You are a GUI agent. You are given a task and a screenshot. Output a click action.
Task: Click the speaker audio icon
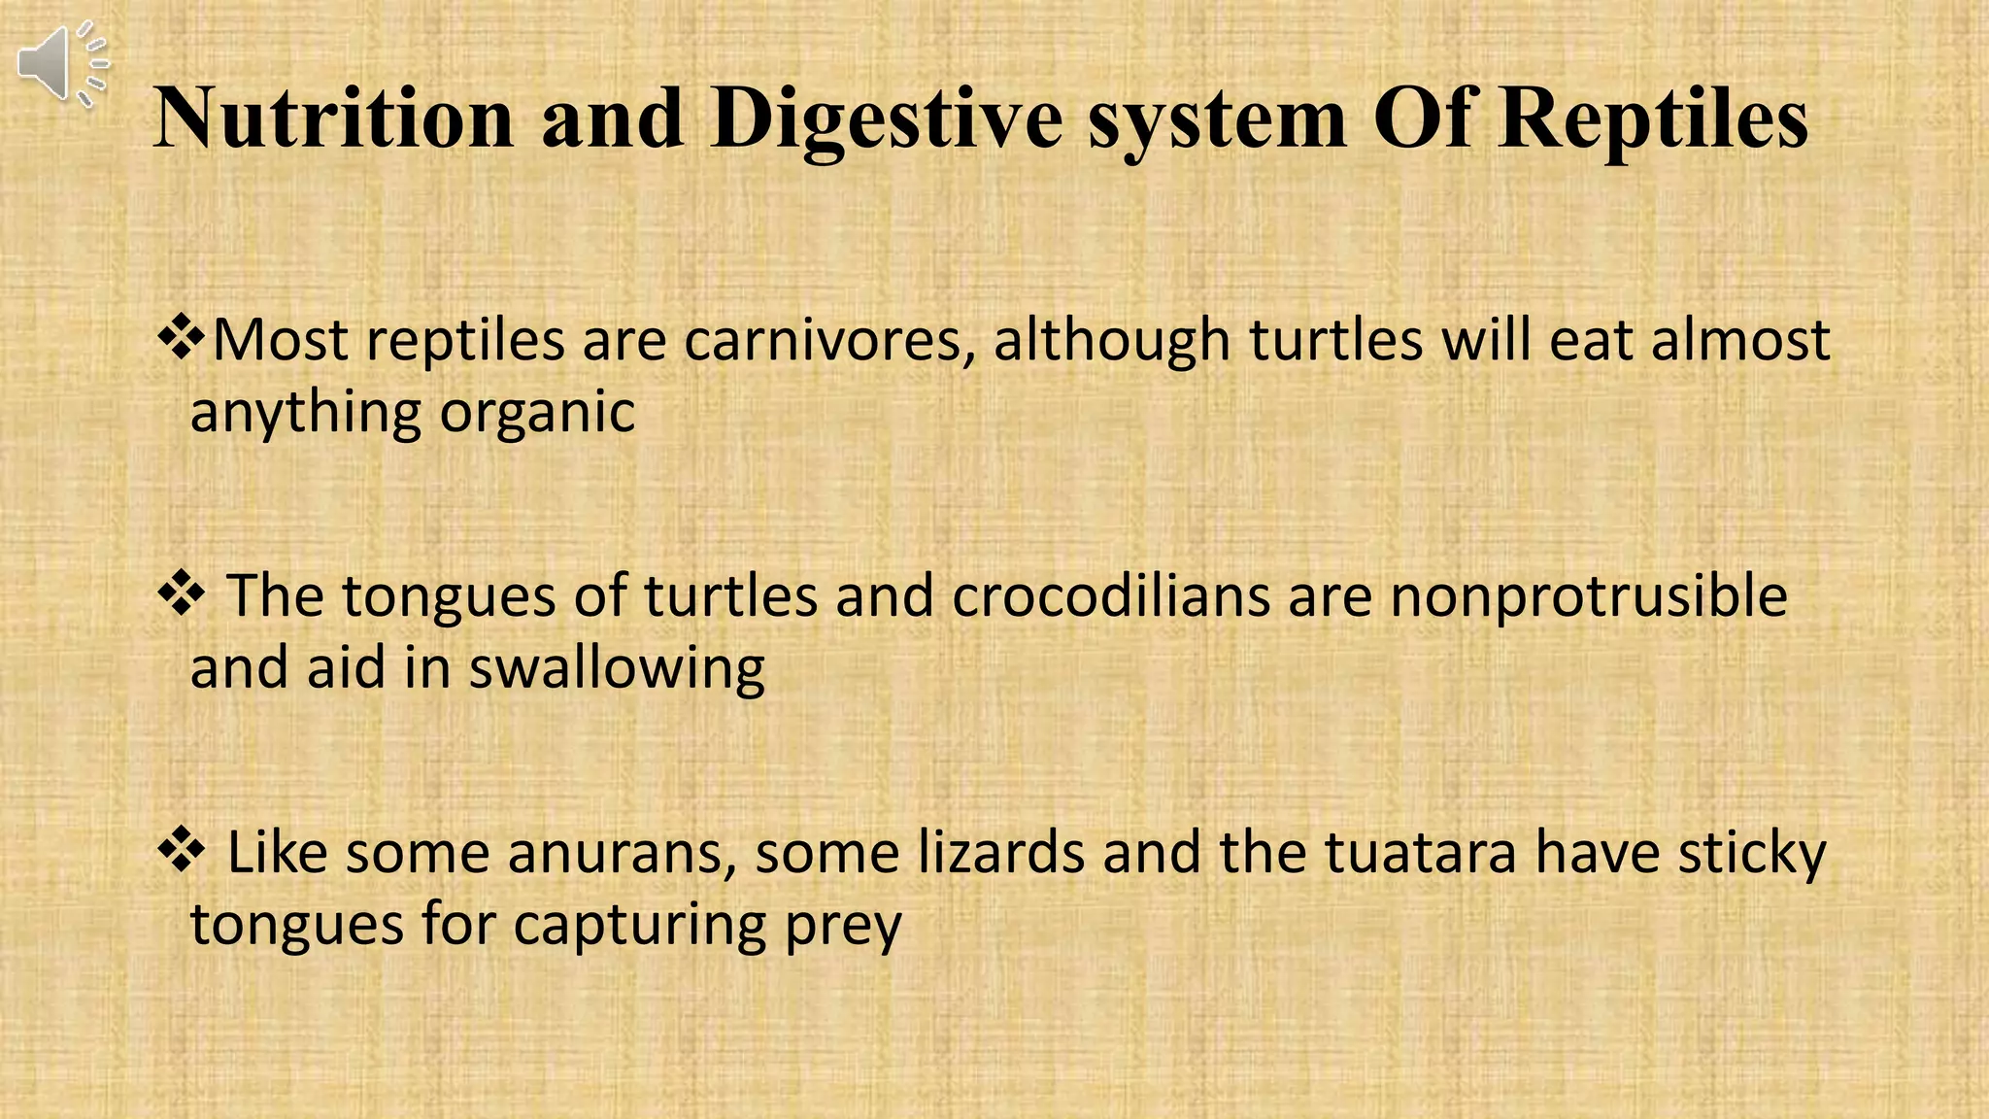[60, 64]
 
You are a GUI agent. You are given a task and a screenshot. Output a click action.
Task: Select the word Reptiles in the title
[1652, 119]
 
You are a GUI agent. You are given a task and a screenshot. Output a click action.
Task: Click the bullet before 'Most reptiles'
[181, 340]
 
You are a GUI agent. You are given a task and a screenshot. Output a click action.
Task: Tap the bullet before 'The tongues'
[181, 595]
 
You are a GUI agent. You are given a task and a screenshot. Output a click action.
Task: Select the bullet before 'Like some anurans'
[181, 852]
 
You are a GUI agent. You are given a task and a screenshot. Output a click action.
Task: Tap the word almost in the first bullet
[1740, 341]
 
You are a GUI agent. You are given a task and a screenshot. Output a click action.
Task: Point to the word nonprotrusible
[1588, 596]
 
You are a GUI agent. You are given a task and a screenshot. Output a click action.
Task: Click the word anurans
[621, 853]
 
